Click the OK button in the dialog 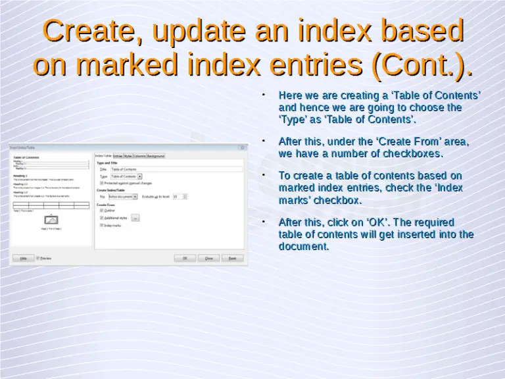click(185, 259)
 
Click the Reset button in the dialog click(232, 259)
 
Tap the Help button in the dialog click(23, 259)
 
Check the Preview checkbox click(38, 259)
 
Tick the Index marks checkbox click(102, 225)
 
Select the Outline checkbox click(102, 210)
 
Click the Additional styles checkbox click(102, 217)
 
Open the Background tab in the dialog click(156, 156)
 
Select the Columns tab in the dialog click(139, 156)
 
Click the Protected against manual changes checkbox click(102, 183)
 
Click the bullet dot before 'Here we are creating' click(263, 95)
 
